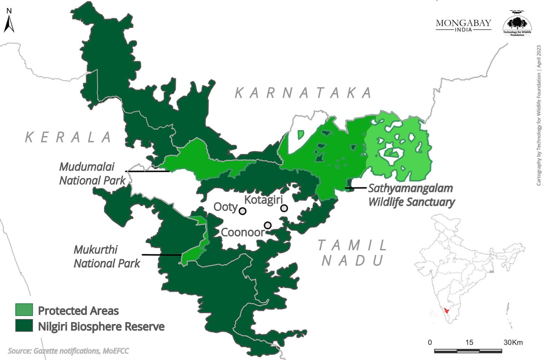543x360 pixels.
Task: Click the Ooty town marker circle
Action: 243,211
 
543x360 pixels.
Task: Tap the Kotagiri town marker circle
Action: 284,208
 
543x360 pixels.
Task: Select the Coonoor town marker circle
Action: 268,225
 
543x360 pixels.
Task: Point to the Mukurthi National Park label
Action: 106,256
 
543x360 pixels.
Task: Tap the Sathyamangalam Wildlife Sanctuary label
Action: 411,195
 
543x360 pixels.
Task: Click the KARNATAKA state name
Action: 303,93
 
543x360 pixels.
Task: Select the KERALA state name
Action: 69,137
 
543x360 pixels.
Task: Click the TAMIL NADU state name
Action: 352,252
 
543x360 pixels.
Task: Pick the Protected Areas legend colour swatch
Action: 24,310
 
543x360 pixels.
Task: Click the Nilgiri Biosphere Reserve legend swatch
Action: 24,326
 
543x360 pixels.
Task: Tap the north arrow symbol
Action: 9,22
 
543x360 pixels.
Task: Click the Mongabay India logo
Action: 463,25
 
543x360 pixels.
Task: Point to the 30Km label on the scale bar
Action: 513,342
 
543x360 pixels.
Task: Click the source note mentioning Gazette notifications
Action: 68,351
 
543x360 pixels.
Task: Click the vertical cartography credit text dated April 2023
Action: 539,115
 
